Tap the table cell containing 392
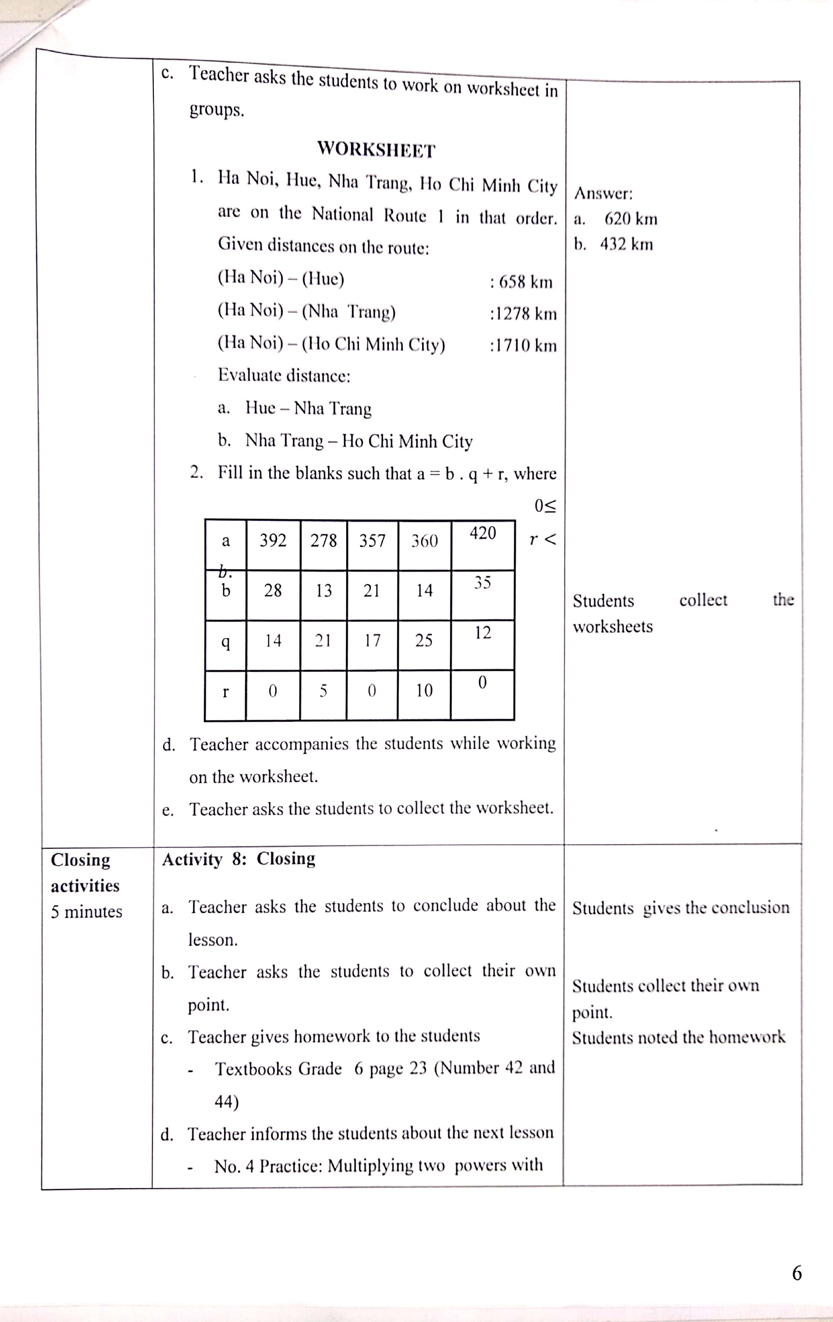click(x=273, y=541)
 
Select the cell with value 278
click(x=323, y=541)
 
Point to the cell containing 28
click(x=273, y=591)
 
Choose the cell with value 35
click(x=482, y=583)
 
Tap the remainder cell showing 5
click(x=323, y=691)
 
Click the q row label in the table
click(x=225, y=641)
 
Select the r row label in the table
click(x=225, y=692)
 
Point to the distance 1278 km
click(x=523, y=314)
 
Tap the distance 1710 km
click(x=523, y=346)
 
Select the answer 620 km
click(x=631, y=219)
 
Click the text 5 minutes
click(x=87, y=912)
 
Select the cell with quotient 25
click(x=424, y=641)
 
